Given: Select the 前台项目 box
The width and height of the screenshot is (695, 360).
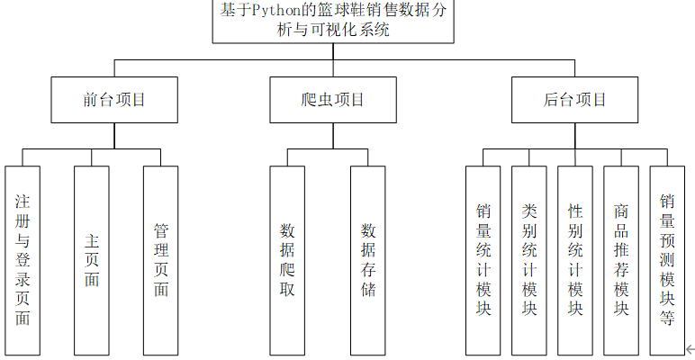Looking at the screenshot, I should coord(113,100).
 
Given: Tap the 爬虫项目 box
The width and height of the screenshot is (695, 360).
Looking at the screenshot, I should coord(332,100).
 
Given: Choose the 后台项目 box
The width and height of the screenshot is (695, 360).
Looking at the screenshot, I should coord(575,100).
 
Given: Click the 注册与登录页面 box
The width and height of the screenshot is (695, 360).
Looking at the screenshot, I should coord(23,259).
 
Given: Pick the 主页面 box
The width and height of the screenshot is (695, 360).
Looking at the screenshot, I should coord(92,259).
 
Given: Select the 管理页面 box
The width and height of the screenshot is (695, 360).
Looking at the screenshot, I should coord(161,259).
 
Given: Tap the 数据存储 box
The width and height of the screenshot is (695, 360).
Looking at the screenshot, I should coord(368,259).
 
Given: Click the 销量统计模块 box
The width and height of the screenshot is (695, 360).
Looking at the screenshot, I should coord(483,259).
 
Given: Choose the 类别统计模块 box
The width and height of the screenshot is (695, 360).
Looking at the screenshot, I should coord(528,259).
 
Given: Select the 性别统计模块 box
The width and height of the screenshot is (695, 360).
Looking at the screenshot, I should coord(574,259).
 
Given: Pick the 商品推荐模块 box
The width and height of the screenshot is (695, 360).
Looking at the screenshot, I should coord(620,259).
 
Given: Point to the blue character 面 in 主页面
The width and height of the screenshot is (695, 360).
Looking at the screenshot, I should coord(92,280).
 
